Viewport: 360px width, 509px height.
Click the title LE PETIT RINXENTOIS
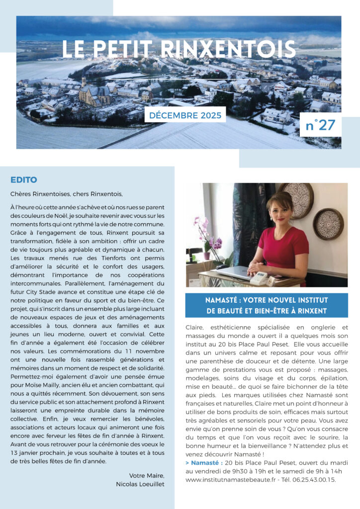click(179, 49)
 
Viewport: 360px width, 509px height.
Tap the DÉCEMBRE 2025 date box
click(185, 114)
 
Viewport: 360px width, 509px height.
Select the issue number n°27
click(320, 125)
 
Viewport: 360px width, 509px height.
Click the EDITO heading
click(24, 179)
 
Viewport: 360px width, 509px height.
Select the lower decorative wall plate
click(328, 224)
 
